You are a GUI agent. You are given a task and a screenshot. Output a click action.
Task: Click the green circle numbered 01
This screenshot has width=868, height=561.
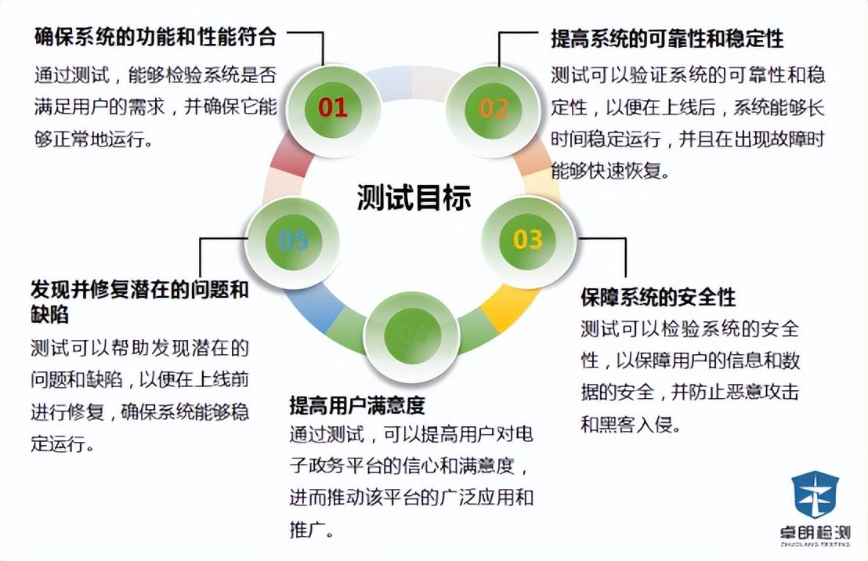point(333,107)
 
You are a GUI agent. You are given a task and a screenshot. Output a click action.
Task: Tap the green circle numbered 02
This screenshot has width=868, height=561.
point(494,107)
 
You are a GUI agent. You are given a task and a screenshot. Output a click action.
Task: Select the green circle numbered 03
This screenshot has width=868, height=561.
point(527,238)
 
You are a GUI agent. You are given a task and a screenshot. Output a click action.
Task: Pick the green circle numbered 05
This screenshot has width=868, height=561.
point(293,240)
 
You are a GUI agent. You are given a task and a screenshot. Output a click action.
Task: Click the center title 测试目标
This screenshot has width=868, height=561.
point(414,197)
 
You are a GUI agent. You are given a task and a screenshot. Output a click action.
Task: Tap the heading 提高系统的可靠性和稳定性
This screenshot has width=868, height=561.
point(667,37)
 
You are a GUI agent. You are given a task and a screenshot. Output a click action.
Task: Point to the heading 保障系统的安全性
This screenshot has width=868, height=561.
point(658,298)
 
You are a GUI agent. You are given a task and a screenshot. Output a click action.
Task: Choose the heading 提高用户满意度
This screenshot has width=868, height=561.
point(356,405)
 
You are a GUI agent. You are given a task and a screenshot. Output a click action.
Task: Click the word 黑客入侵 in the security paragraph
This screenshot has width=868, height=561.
point(632,426)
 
